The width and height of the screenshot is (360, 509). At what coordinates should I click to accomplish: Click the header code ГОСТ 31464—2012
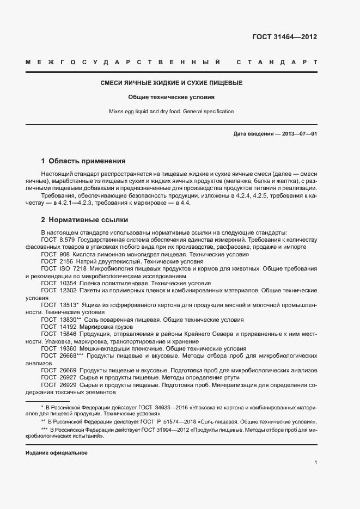tap(285, 37)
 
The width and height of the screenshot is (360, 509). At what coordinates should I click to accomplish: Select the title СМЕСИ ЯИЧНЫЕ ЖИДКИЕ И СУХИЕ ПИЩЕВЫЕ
tap(172, 83)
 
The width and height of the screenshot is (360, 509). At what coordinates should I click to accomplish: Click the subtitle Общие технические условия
tap(172, 97)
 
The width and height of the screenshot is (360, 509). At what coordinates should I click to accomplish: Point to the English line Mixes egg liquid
tap(172, 112)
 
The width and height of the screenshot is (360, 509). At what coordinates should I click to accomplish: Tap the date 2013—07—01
tap(299, 134)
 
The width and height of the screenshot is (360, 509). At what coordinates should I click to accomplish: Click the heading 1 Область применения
tap(83, 161)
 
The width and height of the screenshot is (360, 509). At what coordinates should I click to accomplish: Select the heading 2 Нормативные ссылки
tap(84, 220)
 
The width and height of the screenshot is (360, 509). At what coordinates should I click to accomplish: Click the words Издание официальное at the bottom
tap(57, 453)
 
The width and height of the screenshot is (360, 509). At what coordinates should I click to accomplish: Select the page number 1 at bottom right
tap(315, 463)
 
